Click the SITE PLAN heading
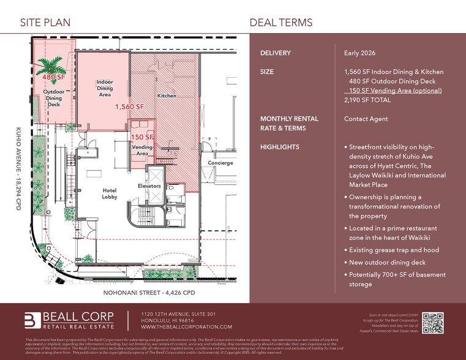[x=45, y=23]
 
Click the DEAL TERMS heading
[x=281, y=23]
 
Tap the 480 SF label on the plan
[x=54, y=78]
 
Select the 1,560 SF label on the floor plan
[x=129, y=107]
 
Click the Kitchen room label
[x=167, y=96]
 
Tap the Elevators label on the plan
[x=149, y=186]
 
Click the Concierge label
[x=220, y=163]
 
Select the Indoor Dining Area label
[x=105, y=88]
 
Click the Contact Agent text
[x=366, y=119]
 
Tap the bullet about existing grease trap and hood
[x=394, y=250]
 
